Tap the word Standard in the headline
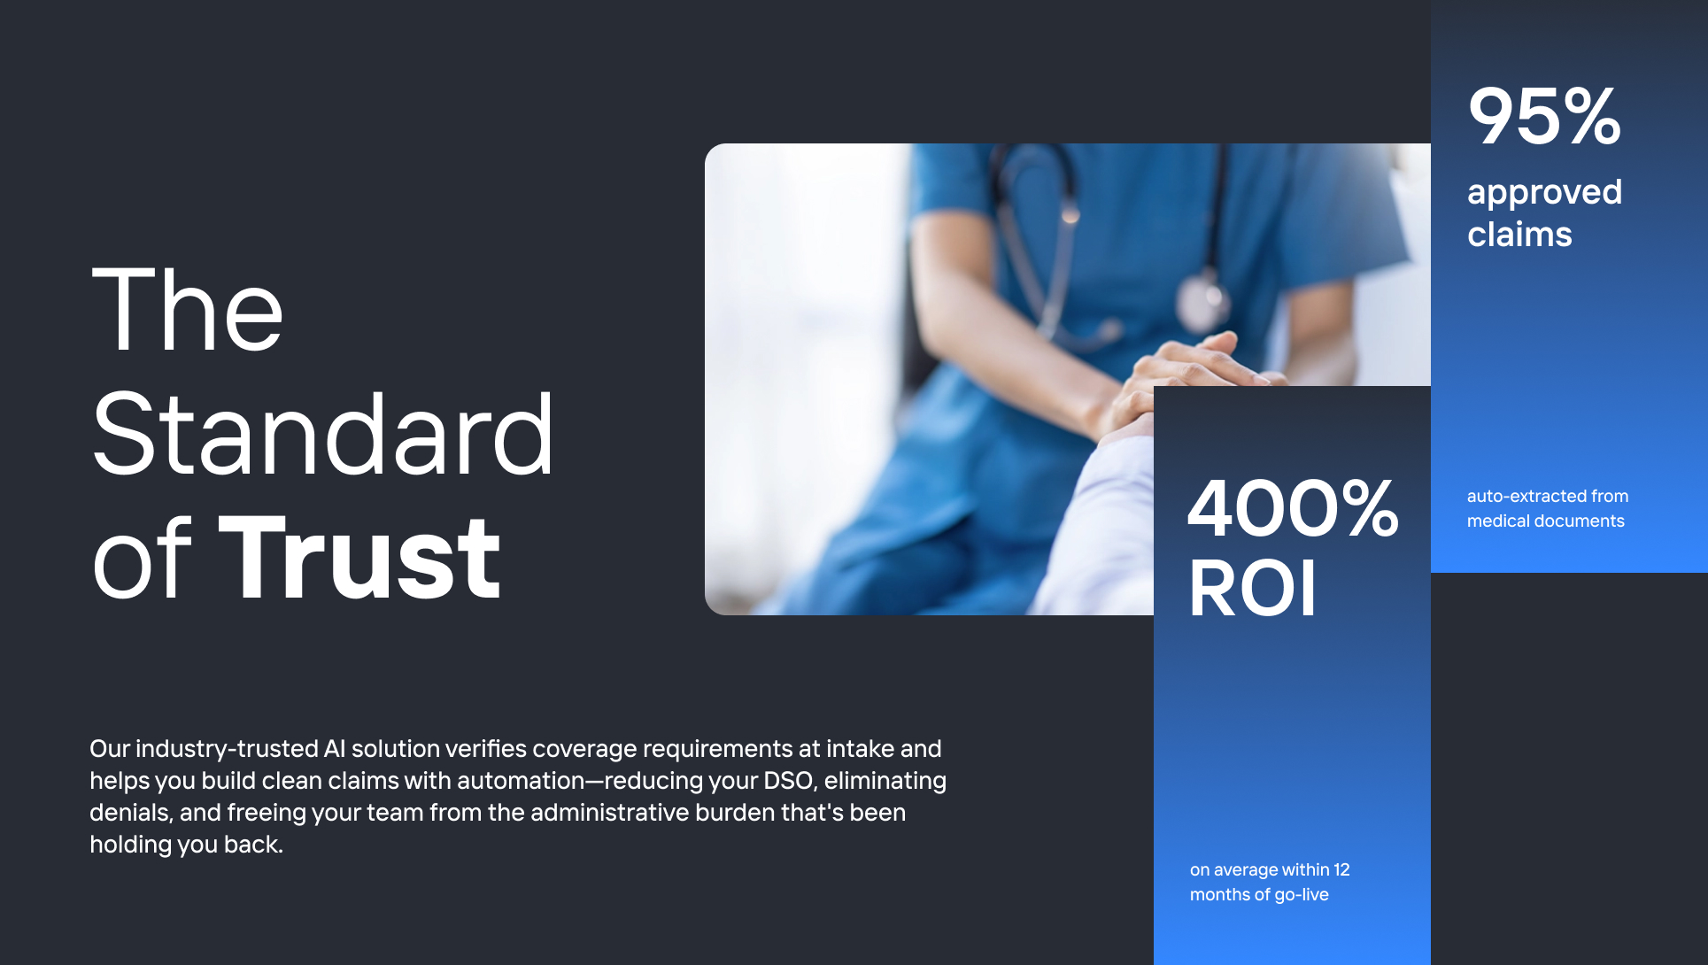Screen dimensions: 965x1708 click(323, 436)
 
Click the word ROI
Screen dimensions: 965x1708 click(1252, 589)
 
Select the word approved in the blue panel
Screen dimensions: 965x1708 click(1544, 192)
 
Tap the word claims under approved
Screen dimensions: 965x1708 click(1519, 235)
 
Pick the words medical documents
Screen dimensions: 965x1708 click(1545, 521)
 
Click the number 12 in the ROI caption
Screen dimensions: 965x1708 click(1341, 870)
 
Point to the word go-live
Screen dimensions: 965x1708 click(1302, 895)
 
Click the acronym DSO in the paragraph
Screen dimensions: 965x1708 click(788, 781)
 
